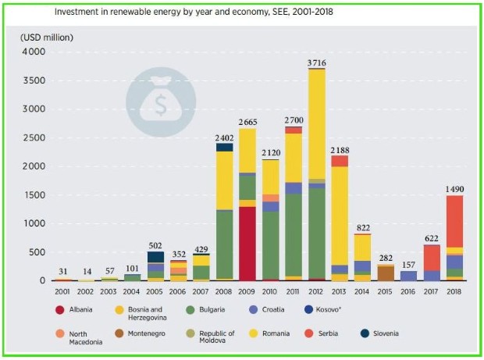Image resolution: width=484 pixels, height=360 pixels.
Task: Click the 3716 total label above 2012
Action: (x=316, y=63)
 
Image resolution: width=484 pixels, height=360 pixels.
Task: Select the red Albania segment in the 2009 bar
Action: (x=247, y=244)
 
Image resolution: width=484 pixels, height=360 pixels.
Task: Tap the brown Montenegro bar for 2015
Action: (x=386, y=273)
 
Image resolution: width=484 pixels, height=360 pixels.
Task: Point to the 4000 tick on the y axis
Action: (x=34, y=52)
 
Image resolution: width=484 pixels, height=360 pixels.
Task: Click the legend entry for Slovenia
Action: (x=379, y=333)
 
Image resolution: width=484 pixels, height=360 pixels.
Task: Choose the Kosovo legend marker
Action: (x=308, y=310)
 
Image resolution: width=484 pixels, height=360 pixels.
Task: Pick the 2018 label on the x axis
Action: (x=454, y=292)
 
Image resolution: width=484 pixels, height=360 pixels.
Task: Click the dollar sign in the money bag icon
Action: (x=161, y=105)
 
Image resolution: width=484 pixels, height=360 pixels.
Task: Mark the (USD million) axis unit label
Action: (x=47, y=37)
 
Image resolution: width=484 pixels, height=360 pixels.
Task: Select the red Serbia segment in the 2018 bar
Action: (x=454, y=221)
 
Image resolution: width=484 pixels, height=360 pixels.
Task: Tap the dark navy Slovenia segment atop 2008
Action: (x=224, y=148)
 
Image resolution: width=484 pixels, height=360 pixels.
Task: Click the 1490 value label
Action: (x=454, y=189)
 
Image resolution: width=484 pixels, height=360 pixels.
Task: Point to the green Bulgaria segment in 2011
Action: (x=294, y=235)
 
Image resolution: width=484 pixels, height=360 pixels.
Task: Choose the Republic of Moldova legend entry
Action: (x=211, y=337)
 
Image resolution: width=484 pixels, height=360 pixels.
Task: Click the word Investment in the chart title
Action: (x=73, y=12)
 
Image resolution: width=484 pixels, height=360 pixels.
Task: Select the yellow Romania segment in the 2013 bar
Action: (x=340, y=216)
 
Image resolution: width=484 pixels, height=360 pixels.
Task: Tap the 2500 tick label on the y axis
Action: (x=34, y=138)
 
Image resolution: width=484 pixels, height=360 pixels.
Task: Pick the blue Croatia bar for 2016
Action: (x=408, y=276)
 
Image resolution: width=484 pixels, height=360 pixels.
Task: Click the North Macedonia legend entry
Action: (x=80, y=338)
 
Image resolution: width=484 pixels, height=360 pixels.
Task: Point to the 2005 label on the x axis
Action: (x=155, y=292)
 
